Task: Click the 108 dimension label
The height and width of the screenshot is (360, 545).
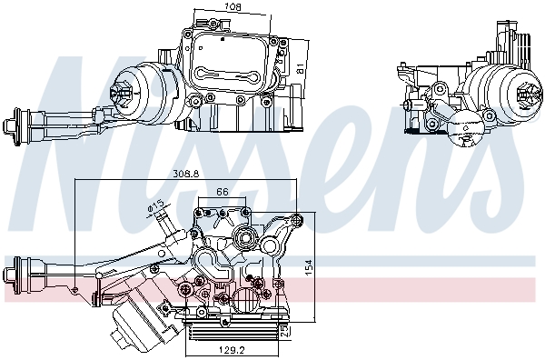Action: (233, 6)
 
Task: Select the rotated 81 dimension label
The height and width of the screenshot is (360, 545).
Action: (300, 67)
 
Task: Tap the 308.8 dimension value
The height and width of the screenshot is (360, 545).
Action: (186, 174)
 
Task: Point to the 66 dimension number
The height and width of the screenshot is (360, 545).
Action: (222, 192)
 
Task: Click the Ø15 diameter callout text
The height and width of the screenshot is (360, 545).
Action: (155, 207)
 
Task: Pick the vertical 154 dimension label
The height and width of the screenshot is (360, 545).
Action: (309, 267)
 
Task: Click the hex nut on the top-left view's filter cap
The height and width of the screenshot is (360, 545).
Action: (118, 93)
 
